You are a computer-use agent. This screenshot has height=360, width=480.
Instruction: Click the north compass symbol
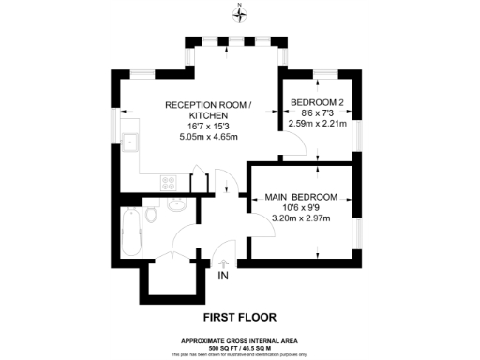click(x=240, y=13)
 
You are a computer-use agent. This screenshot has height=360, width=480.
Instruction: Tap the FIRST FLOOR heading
click(x=239, y=304)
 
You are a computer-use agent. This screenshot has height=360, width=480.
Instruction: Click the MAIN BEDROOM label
click(x=303, y=196)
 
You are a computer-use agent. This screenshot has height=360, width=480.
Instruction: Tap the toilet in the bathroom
click(x=153, y=217)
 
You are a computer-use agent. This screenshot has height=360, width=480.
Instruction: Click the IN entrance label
click(x=223, y=277)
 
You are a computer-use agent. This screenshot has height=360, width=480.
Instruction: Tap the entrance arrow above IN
click(x=223, y=263)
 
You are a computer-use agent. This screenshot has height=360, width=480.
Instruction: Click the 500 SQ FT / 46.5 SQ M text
click(x=240, y=346)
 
